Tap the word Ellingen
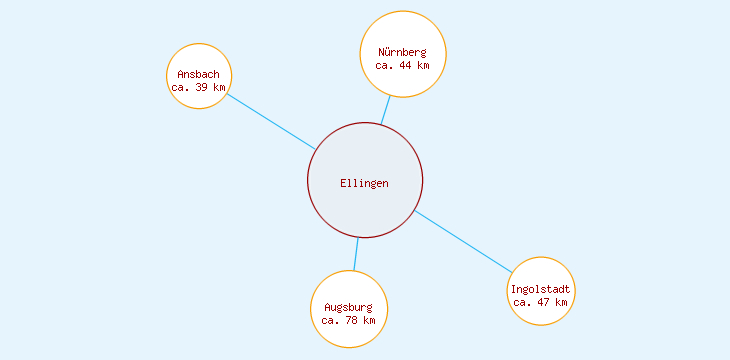[364, 183]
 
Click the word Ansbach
[198, 74]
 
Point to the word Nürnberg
[402, 52]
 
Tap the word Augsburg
[348, 307]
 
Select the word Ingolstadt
[540, 289]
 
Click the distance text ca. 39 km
[198, 87]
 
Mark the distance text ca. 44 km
[402, 65]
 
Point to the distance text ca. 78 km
[348, 320]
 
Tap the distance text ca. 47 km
[540, 301]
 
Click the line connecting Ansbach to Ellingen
[270, 121]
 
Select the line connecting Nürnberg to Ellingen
[385, 110]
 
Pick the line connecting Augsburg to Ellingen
[356, 254]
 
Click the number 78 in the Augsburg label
[353, 320]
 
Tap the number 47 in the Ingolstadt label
[545, 301]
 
